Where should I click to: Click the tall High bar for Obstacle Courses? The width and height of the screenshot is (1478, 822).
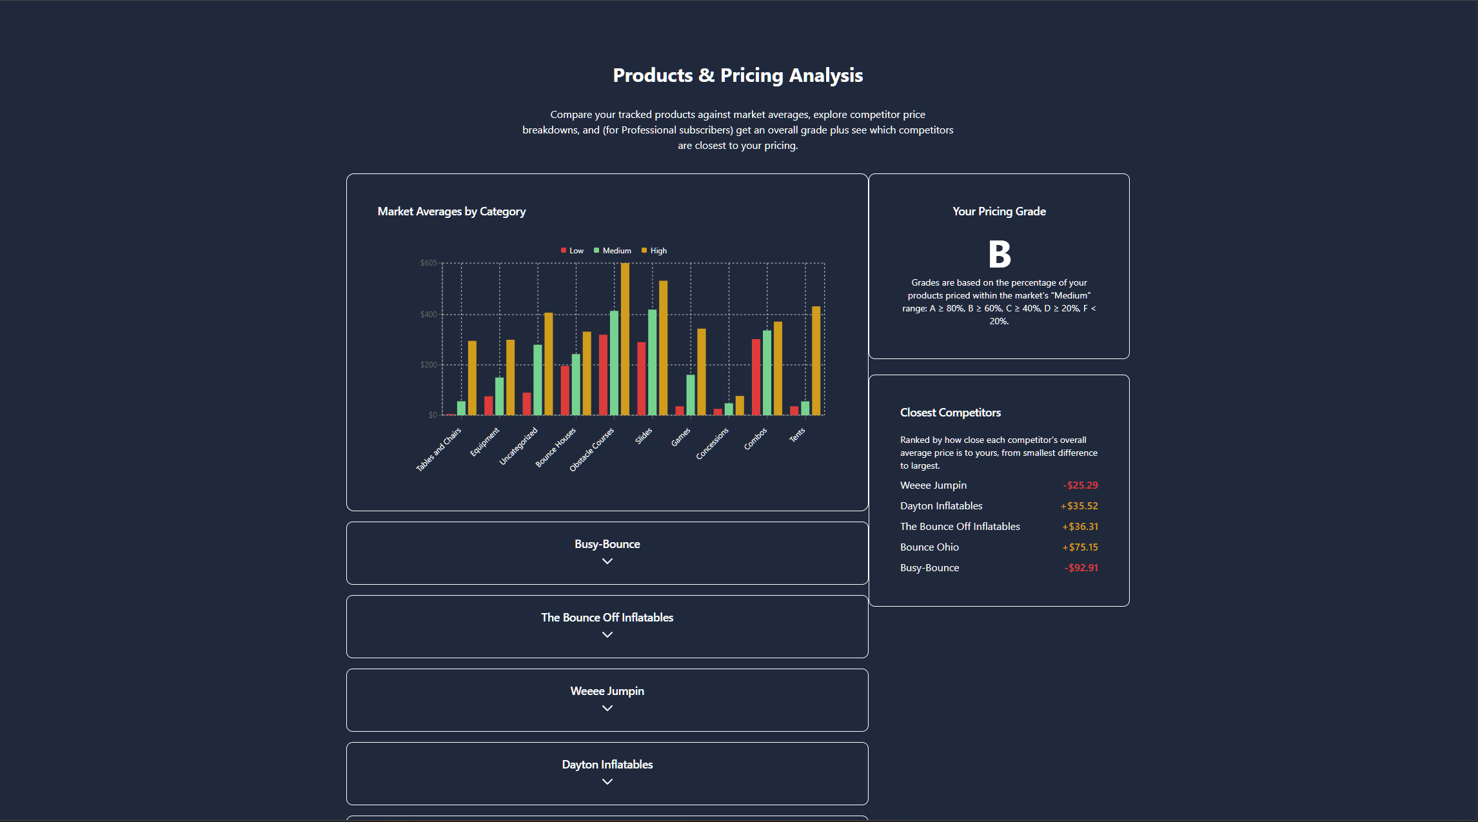625,338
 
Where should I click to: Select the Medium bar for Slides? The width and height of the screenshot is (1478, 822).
653,362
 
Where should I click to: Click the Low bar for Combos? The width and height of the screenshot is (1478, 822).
756,377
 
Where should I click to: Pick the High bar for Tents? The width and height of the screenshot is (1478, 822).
816,360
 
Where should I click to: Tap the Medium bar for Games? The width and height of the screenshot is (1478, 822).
691,395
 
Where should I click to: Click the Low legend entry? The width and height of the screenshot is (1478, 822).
573,251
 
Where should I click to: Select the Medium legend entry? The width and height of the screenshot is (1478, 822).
613,251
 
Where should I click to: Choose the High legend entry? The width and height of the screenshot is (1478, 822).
655,251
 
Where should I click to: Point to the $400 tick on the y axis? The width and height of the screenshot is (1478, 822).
428,315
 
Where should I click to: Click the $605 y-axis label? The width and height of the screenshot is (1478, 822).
428,263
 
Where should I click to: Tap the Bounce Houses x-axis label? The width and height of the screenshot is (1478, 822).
556,447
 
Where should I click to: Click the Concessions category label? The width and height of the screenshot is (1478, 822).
713,444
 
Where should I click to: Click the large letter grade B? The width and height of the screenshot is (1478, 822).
1000,254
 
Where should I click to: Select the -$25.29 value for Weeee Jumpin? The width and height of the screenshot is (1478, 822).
1080,485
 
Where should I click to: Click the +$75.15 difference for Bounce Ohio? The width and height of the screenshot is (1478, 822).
1080,547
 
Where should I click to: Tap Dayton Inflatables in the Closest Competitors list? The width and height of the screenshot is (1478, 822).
941,506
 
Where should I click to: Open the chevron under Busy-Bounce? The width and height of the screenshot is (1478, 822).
607,562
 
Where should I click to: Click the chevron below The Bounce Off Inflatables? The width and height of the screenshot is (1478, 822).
607,635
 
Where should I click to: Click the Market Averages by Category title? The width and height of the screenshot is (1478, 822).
451,211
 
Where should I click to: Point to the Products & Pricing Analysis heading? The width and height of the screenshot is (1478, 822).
738,75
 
